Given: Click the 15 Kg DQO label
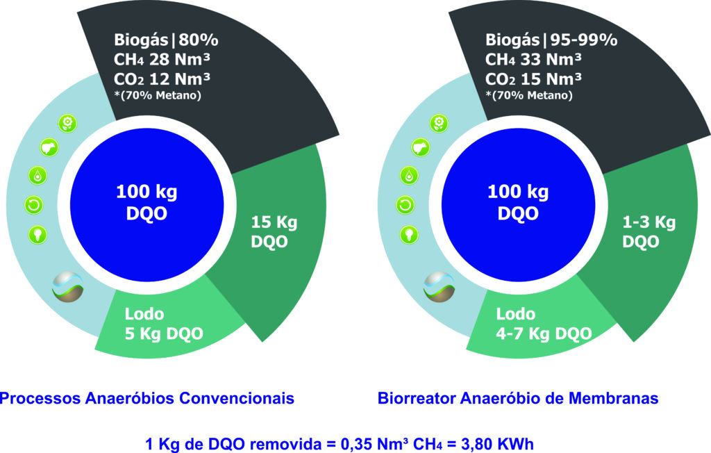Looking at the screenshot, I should pos(274,232).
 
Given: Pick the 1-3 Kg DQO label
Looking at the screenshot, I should pos(649,232).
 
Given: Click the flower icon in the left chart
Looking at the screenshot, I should pos(68,123).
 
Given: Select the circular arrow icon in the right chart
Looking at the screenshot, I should pos(405,205).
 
